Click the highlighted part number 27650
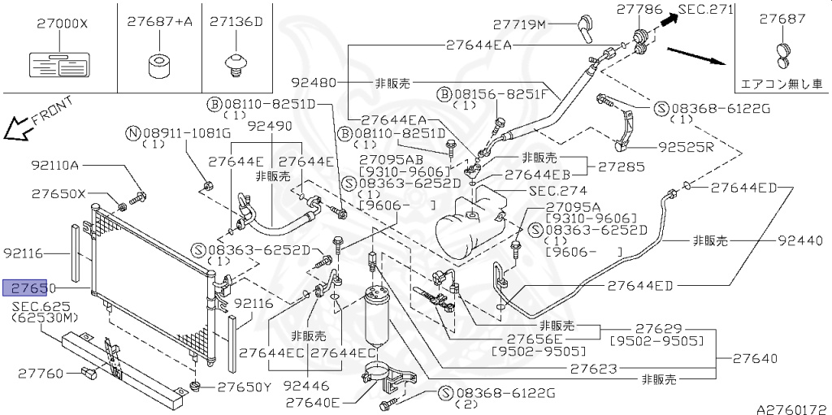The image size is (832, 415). click(30, 288)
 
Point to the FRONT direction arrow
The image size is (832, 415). click(15, 128)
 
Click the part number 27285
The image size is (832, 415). click(622, 167)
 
